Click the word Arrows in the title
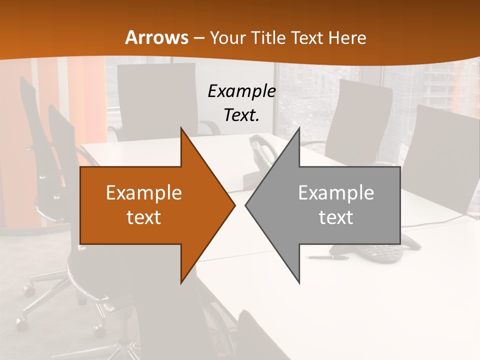click(156, 37)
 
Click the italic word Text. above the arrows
click(241, 115)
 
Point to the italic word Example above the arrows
click(241, 91)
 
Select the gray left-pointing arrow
click(330, 205)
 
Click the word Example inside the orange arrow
click(143, 192)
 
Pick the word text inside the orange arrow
click(143, 217)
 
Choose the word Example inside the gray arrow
click(336, 192)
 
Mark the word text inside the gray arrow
click(336, 217)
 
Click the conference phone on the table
click(380, 252)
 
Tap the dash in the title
click(199, 38)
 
